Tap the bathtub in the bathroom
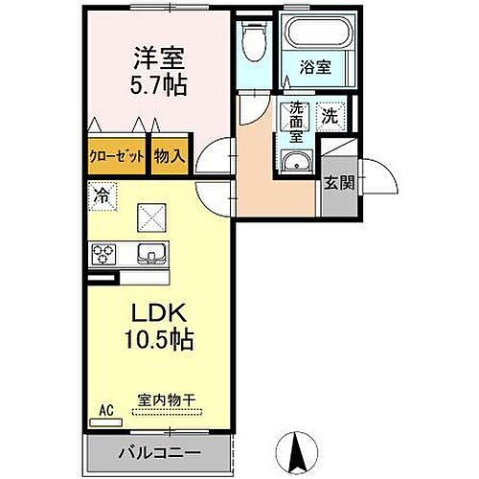click(x=320, y=33)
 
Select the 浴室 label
click(x=315, y=67)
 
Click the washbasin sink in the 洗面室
click(x=297, y=162)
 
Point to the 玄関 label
click(x=339, y=183)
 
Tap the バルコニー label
click(x=160, y=453)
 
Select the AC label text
click(x=106, y=410)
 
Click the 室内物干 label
click(x=167, y=400)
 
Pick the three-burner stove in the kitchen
click(x=103, y=254)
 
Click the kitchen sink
click(x=151, y=254)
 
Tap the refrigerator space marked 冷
click(x=103, y=196)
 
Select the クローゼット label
click(x=117, y=156)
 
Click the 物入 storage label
click(x=170, y=156)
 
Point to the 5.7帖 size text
click(x=158, y=85)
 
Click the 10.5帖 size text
click(x=159, y=339)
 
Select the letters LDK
click(x=159, y=313)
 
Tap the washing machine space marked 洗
click(x=330, y=116)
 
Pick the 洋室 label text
click(x=159, y=58)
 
